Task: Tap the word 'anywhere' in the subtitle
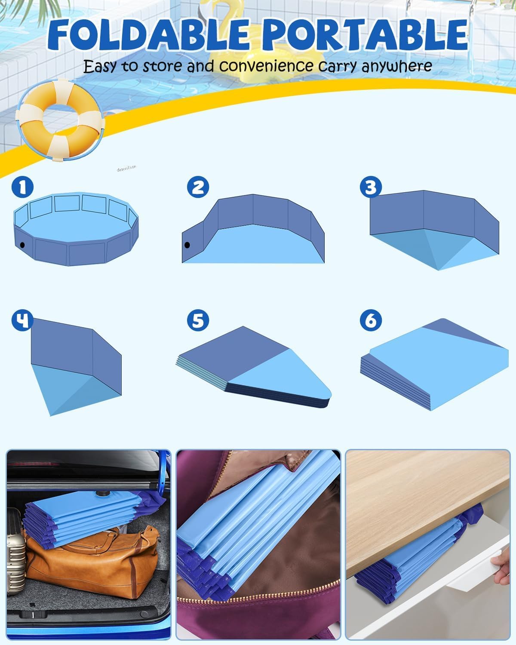pyautogui.click(x=396, y=66)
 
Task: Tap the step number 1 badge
pyautogui.click(x=22, y=187)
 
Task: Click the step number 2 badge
pyautogui.click(x=198, y=187)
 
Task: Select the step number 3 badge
pyautogui.click(x=371, y=187)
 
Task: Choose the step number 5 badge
pyautogui.click(x=198, y=320)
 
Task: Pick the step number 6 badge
pyautogui.click(x=371, y=320)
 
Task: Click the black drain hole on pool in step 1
pyautogui.click(x=22, y=245)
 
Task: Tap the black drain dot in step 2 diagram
pyautogui.click(x=187, y=245)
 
